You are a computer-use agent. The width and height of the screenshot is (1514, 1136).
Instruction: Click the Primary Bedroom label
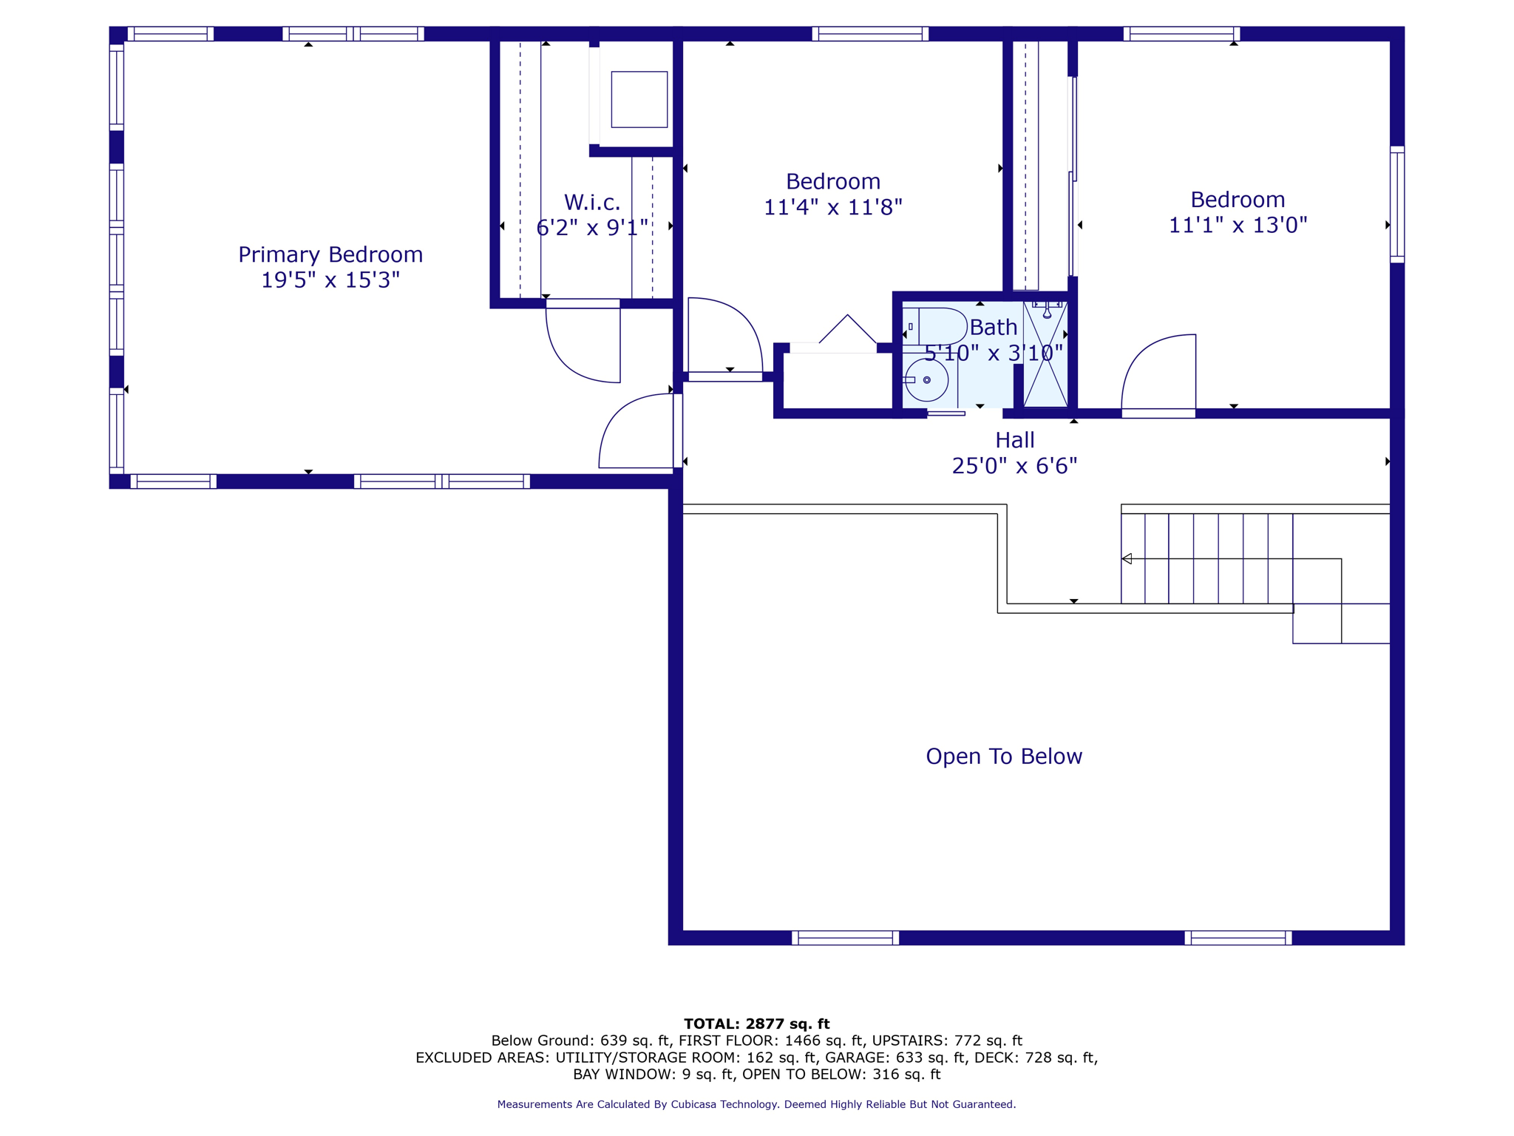[x=330, y=254]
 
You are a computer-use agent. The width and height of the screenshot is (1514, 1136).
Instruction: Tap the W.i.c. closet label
[x=592, y=202]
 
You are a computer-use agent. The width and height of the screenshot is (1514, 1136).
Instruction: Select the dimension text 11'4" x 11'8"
[x=833, y=207]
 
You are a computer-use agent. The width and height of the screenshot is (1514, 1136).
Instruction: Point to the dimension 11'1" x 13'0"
[x=1238, y=225]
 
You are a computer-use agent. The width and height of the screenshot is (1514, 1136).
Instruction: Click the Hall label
[x=1014, y=440]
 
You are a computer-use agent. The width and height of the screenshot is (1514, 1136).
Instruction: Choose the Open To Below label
[x=1004, y=756]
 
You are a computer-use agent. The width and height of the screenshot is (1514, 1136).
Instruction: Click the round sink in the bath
[x=926, y=380]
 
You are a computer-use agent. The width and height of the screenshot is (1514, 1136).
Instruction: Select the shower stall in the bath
[x=1045, y=354]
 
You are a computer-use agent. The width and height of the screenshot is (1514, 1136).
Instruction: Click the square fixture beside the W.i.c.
[x=639, y=99]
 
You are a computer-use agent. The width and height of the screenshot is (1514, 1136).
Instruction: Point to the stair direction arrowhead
[x=1127, y=559]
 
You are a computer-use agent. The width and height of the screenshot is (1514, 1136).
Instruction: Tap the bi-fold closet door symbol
[x=847, y=329]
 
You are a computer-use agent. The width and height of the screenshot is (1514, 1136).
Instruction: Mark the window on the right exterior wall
[x=1397, y=205]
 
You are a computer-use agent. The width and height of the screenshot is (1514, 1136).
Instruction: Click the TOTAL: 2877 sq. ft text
[x=756, y=1024]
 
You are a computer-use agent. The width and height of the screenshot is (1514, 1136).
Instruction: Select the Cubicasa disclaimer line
[x=756, y=1104]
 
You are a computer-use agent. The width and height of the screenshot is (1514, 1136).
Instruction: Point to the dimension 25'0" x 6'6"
[x=1014, y=466]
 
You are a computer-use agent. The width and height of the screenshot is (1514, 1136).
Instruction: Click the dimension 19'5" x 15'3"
[x=330, y=280]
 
